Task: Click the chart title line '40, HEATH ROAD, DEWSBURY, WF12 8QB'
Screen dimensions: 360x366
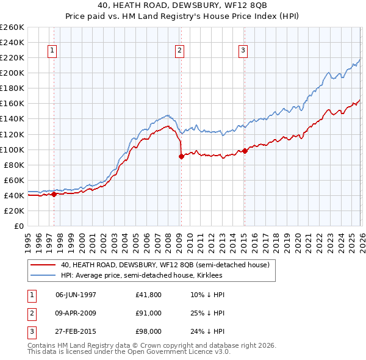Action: pos(182,5)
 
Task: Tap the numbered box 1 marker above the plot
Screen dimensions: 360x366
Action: pos(53,51)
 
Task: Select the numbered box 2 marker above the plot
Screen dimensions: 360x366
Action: pos(180,51)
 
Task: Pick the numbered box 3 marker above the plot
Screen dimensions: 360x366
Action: pos(243,51)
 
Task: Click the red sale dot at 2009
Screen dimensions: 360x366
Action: pos(181,156)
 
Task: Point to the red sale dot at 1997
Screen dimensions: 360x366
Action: pos(54,194)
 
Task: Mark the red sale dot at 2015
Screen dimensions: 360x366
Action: pos(245,151)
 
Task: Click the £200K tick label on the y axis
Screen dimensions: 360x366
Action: pos(12,73)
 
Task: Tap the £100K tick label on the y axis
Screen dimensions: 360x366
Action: pos(12,149)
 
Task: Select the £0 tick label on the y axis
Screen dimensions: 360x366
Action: pos(18,226)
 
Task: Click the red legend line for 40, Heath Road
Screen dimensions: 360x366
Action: pos(44,265)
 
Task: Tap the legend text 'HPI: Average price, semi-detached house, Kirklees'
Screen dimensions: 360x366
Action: pos(142,276)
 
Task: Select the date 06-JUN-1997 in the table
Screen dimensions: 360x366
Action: pos(76,294)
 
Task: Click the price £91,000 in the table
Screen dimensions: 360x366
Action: pos(149,313)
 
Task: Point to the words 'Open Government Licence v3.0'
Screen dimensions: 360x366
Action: pos(179,353)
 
